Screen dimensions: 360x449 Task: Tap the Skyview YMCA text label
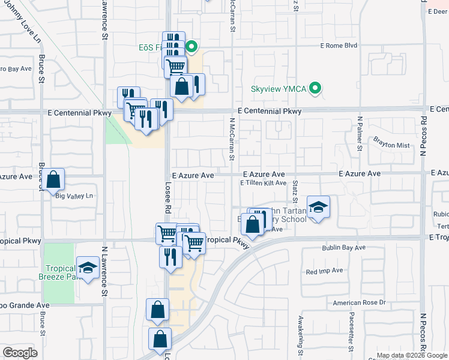tap(279, 89)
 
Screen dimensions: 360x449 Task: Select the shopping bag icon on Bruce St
tap(53, 179)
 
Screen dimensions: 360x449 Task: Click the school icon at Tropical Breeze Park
tap(88, 268)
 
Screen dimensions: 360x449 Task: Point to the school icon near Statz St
tap(319, 208)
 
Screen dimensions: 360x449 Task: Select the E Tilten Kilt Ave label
tap(263, 183)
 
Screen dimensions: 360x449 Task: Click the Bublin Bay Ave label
tap(343, 247)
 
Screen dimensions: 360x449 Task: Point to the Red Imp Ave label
tap(324, 271)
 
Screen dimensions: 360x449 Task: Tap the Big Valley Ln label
tap(75, 196)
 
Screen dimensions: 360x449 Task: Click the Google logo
tap(20, 353)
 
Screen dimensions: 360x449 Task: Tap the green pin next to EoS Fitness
tap(191, 46)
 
